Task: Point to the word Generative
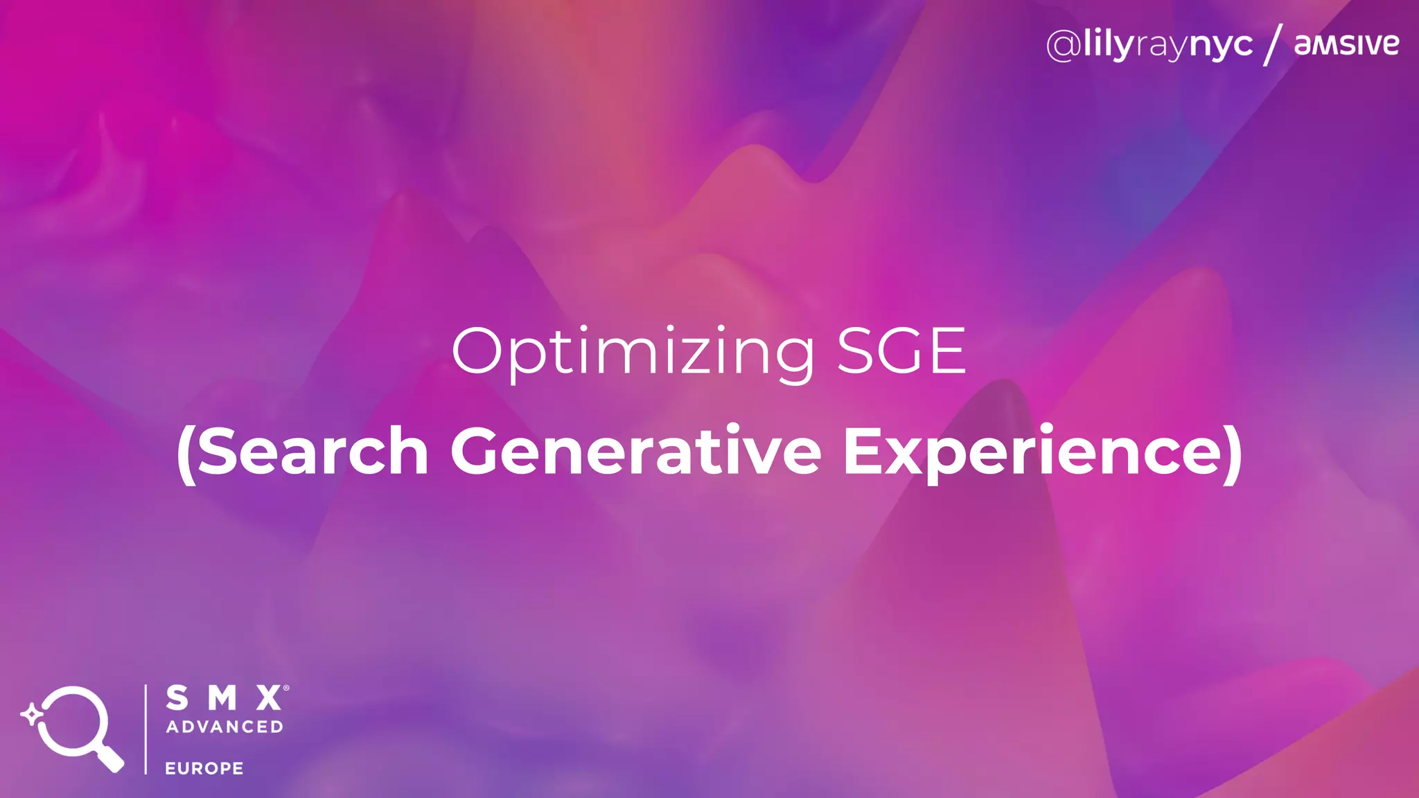pyautogui.click(x=635, y=452)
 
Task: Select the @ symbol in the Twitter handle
pyautogui.click(x=1064, y=46)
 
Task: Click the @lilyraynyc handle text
pyautogui.click(x=1150, y=46)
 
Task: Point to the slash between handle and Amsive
pyautogui.click(x=1273, y=44)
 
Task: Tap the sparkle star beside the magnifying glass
pyautogui.click(x=31, y=714)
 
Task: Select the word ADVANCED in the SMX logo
pyautogui.click(x=224, y=727)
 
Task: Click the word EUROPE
pyautogui.click(x=204, y=768)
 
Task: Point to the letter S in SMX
pyautogui.click(x=177, y=698)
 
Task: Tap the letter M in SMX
pyautogui.click(x=223, y=698)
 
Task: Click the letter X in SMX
pyautogui.click(x=269, y=698)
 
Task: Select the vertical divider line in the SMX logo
pyautogui.click(x=146, y=729)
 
